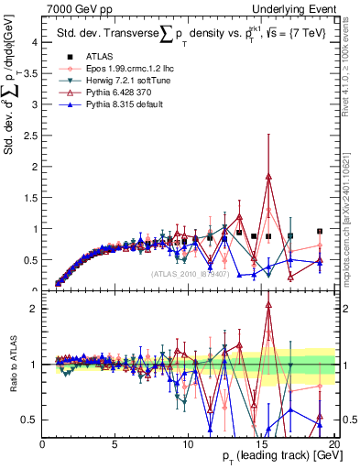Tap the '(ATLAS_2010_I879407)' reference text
tap(190, 273)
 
